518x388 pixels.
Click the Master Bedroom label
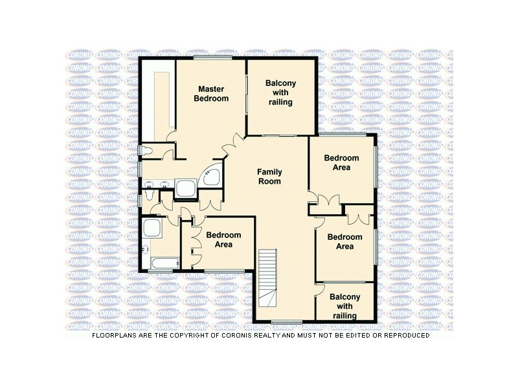[213, 94]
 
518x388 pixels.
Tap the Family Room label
[269, 177]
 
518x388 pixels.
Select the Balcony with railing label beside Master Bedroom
[281, 92]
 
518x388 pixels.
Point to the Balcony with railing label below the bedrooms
[344, 306]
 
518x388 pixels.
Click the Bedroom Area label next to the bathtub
[223, 240]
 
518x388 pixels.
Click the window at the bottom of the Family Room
[286, 321]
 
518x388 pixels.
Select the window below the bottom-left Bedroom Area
[224, 270]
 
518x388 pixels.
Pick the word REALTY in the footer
[279, 336]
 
